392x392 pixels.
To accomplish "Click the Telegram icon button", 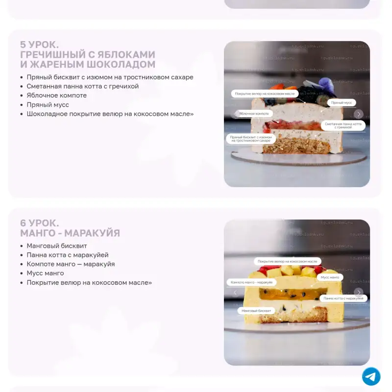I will pyautogui.click(x=371, y=376).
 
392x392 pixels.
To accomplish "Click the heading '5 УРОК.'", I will pyautogui.click(x=40, y=45).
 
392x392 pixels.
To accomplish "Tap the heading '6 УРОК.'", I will pyautogui.click(x=40, y=223).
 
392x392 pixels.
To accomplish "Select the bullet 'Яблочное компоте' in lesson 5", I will pyautogui.click(x=56, y=95).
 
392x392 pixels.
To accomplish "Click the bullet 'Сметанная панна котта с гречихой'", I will pyautogui.click(x=82, y=86).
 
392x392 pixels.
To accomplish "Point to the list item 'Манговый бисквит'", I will pyautogui.click(x=57, y=246).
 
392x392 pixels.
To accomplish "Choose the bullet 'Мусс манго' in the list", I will pyautogui.click(x=45, y=273).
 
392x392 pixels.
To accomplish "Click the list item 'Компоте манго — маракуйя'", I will pyautogui.click(x=71, y=264).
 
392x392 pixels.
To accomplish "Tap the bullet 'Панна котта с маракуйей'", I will pyautogui.click(x=68, y=255).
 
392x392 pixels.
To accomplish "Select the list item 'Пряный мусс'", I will pyautogui.click(x=48, y=104).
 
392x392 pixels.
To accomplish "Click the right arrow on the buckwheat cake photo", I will pyautogui.click(x=359, y=114).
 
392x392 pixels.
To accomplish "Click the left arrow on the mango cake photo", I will pyautogui.click(x=235, y=293).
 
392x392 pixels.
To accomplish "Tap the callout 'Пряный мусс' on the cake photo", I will pyautogui.click(x=342, y=103).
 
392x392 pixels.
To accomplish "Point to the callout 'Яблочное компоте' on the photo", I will pyautogui.click(x=254, y=113).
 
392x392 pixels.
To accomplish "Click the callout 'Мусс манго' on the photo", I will pyautogui.click(x=329, y=277).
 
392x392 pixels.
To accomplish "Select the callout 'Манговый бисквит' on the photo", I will pyautogui.click(x=256, y=311).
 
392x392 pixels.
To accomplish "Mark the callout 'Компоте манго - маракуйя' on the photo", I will pyautogui.click(x=251, y=283).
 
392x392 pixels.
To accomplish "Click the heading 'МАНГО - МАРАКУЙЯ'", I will pyautogui.click(x=70, y=233).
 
